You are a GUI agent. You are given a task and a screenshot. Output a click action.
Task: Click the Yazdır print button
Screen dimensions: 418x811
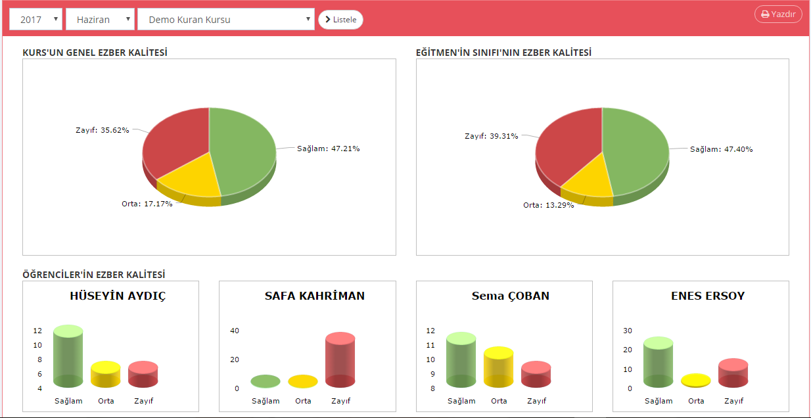coord(778,14)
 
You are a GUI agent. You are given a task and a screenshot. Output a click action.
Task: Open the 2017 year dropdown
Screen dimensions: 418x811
coord(36,20)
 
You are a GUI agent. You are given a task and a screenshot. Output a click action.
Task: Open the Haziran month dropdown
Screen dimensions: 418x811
coord(100,20)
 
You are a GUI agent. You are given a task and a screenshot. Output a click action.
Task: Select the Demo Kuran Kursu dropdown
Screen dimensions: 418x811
coord(225,20)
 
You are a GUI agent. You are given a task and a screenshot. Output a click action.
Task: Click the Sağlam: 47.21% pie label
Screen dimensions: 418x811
coord(328,149)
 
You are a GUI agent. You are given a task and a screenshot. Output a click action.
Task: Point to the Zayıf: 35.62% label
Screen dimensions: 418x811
coord(102,130)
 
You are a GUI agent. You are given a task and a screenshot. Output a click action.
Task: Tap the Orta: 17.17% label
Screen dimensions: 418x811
coord(147,204)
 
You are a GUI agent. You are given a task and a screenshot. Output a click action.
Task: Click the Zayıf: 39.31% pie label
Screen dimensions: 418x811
coord(491,136)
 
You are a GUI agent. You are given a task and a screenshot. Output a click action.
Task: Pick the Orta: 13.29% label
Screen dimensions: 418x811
coord(548,205)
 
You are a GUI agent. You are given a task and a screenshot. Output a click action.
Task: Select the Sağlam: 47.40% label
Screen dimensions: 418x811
coord(721,149)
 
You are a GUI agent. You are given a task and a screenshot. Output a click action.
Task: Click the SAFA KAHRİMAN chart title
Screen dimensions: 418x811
coord(314,296)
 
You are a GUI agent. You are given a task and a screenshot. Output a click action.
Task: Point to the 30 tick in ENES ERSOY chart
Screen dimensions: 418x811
coord(628,331)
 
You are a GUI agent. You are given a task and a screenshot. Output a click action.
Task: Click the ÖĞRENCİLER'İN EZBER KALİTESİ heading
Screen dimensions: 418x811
coord(93,274)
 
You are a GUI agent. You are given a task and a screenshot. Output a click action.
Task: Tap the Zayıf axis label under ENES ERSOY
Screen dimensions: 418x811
coord(734,401)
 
